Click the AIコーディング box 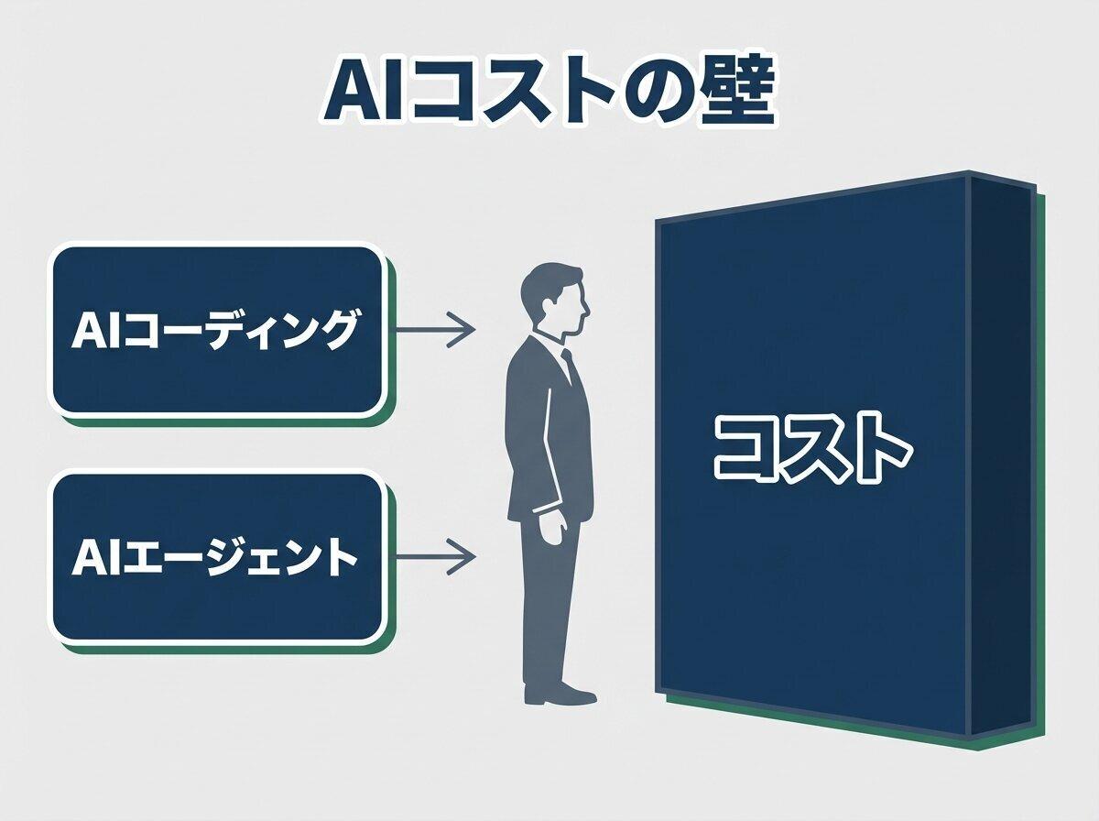217,330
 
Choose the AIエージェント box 217,556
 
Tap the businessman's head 552,298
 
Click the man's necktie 571,367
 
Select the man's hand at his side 551,530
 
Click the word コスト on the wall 813,449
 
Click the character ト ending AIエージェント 341,557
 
